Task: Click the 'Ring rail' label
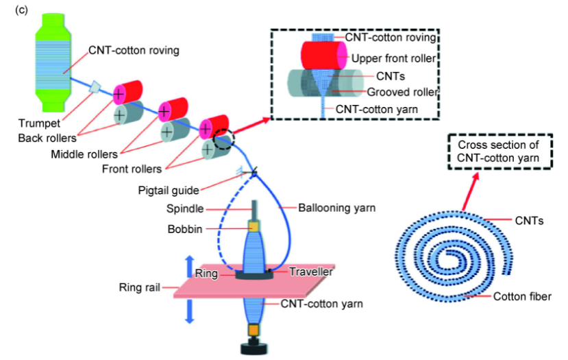140,287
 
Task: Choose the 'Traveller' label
310,272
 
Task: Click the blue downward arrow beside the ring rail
189,311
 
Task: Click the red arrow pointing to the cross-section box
469,192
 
